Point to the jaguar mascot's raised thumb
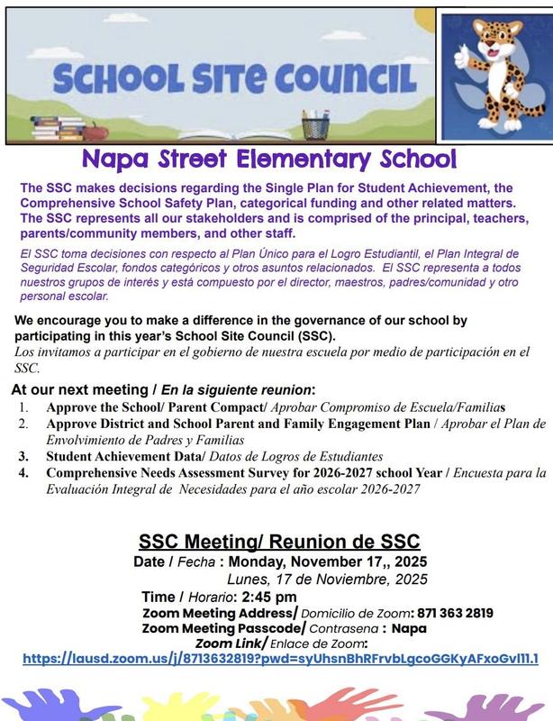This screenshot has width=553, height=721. pyautogui.click(x=462, y=54)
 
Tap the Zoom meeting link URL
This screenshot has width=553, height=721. pyautogui.click(x=280, y=659)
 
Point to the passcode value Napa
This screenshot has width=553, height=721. pyautogui.click(x=410, y=627)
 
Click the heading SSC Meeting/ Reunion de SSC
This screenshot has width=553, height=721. pyautogui.click(x=279, y=542)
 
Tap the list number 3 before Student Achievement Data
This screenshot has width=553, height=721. pyautogui.click(x=23, y=456)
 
